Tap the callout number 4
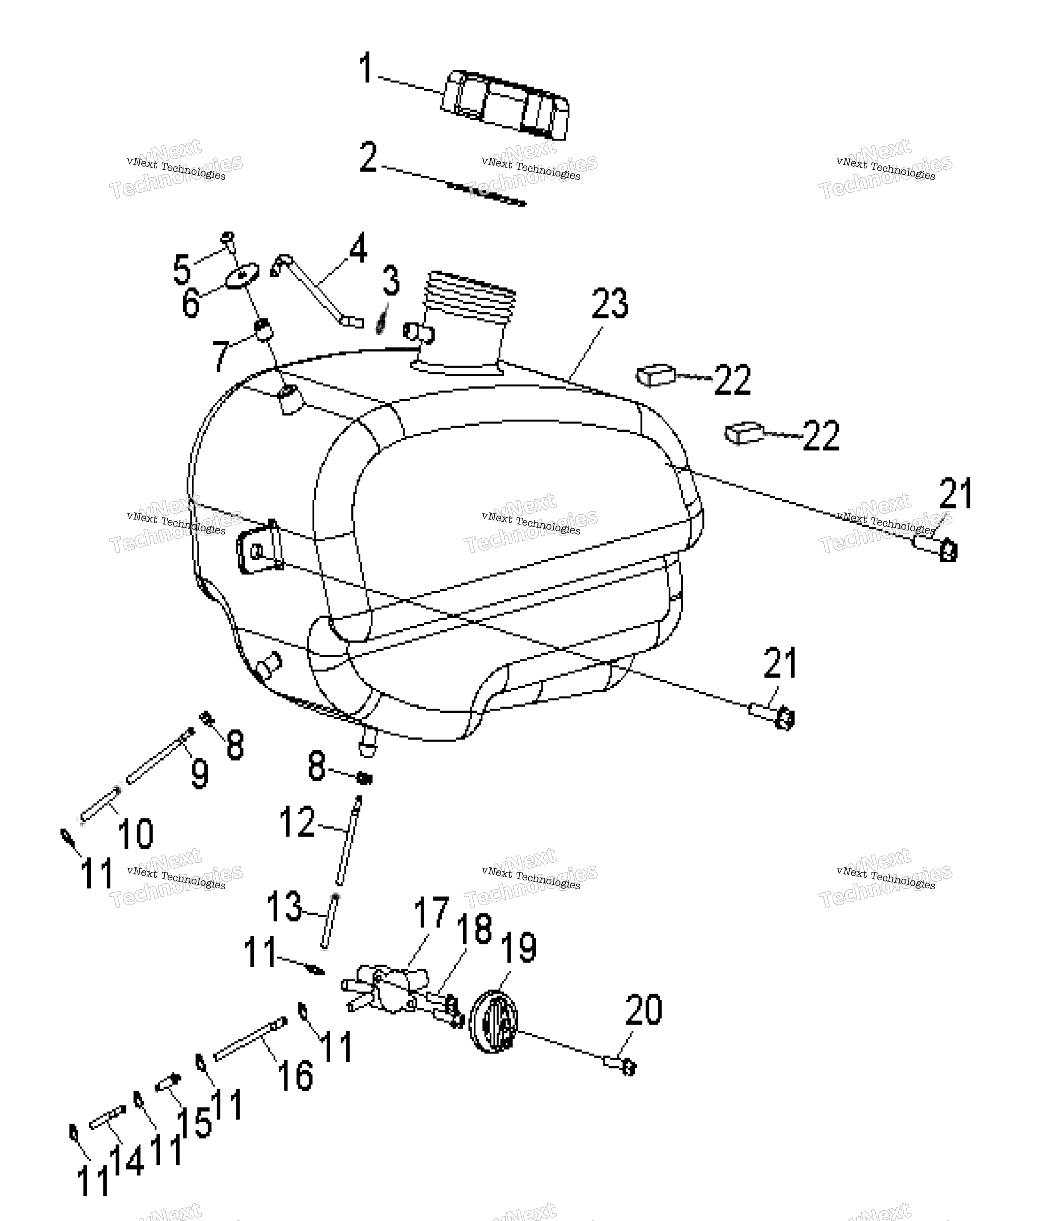point(357,248)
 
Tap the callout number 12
point(297,821)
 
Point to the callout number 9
point(200,774)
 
